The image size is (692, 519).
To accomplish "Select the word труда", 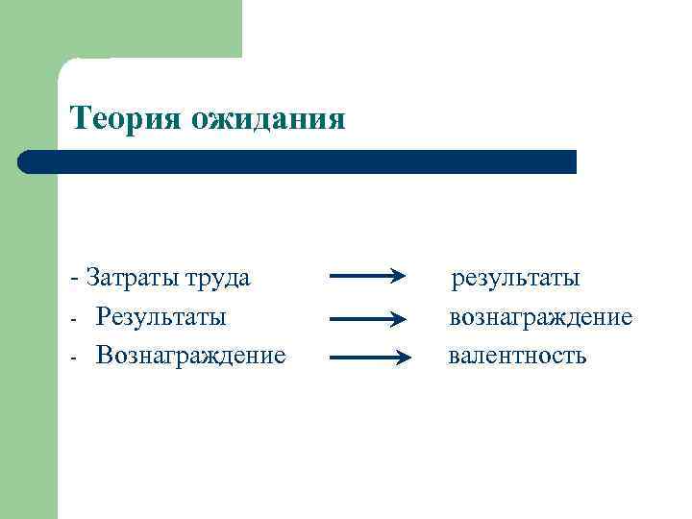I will tap(216, 280).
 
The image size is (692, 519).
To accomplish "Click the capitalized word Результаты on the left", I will tap(161, 317).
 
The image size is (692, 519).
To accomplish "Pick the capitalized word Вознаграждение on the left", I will tap(190, 356).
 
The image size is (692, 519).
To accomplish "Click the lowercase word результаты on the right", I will tap(516, 280).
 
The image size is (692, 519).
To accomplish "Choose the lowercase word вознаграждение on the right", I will tap(540, 317).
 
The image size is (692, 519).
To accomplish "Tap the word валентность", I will tap(517, 356).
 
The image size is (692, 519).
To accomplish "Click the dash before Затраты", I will tap(74, 280).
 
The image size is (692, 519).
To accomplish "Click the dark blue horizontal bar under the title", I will tap(298, 161).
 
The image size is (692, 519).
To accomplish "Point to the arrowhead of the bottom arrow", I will tap(403, 358).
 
